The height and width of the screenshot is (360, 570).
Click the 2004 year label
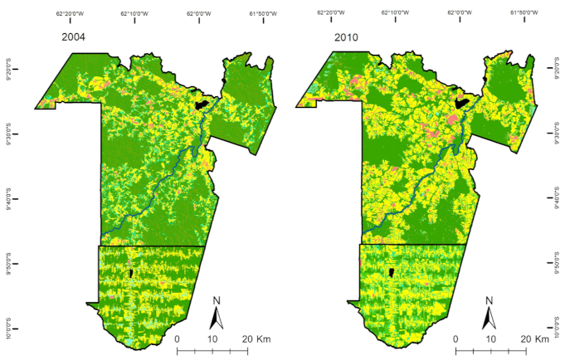76,36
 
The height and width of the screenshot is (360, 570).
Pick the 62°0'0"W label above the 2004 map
199,12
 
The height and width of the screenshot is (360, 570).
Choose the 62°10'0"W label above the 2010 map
394,12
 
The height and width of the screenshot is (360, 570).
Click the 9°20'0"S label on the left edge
9,72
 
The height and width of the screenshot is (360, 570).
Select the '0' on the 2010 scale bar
456,339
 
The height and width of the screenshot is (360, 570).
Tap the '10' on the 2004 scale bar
212,339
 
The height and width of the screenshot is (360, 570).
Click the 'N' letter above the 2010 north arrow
489,300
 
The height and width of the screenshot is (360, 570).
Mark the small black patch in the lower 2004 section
131,273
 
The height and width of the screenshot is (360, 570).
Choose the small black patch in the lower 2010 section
391,273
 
